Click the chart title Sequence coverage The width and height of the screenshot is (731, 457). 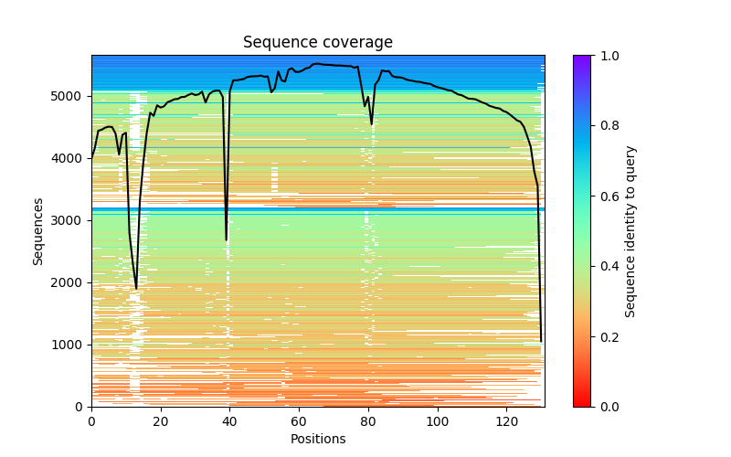tap(317, 43)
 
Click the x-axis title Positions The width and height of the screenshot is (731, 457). tap(317, 439)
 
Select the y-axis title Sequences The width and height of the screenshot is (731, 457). tap(38, 230)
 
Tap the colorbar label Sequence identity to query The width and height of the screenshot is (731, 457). tap(630, 230)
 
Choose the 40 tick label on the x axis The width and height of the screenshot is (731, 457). tap(229, 421)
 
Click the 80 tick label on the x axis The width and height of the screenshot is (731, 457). tap(368, 421)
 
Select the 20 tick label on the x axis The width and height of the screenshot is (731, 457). tap(161, 421)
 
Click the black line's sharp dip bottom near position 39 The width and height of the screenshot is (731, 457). tap(227, 240)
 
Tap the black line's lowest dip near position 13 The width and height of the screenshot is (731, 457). tap(136, 289)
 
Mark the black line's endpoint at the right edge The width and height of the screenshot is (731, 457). tap(541, 341)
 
